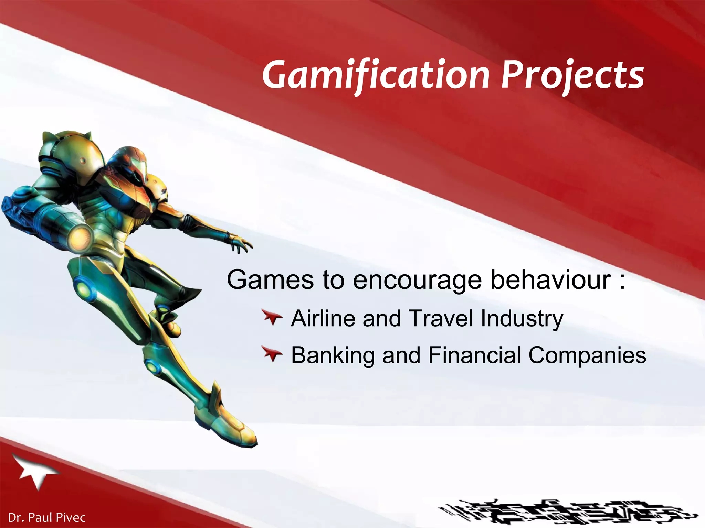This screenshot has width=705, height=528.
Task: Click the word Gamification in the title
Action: pos(375,75)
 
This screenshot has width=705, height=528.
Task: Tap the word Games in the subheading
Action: pos(270,280)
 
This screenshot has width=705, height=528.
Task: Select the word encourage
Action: pos(417,280)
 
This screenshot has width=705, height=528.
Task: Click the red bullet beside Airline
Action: pos(272,317)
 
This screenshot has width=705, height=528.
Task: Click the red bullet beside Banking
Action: pos(272,354)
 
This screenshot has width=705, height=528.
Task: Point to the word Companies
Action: pos(587,355)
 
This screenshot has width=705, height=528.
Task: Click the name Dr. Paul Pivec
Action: pos(46,517)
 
